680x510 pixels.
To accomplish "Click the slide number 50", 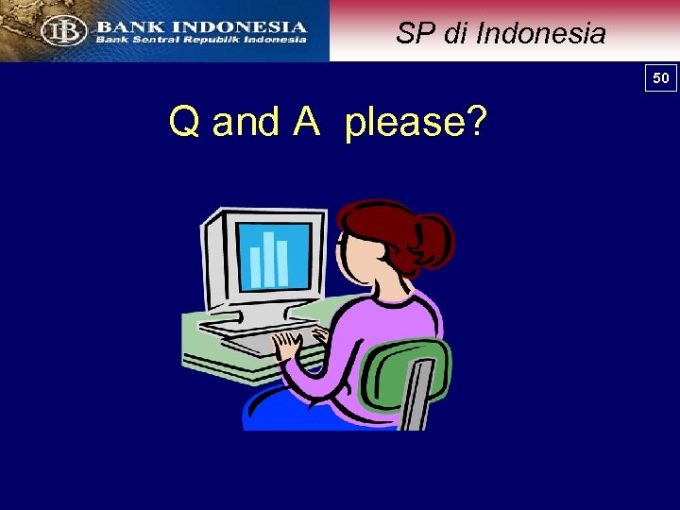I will pos(661,77).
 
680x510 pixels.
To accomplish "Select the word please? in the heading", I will pos(416,124).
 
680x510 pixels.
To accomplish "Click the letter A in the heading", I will pos(307,123).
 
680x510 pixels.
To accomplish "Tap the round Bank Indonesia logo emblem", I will pos(63,31).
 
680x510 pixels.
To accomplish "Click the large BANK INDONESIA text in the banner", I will pos(201,26).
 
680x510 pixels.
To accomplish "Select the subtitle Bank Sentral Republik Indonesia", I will pos(201,40).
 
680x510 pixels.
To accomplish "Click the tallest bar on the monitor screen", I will pos(269,258).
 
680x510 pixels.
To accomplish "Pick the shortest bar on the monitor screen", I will pos(255,266).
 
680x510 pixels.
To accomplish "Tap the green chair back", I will pos(406,379).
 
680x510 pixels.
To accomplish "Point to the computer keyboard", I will pos(255,340).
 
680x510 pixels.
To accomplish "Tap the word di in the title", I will pos(456,34).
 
